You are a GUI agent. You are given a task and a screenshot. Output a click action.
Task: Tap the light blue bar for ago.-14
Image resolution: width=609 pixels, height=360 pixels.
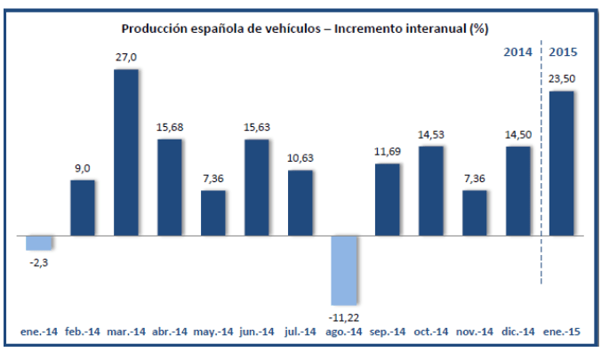point(344,270)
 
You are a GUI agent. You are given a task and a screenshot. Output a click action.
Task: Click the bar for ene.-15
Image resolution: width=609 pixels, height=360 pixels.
point(562,164)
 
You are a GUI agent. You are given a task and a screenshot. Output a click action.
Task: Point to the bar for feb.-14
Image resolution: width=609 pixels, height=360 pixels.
point(83,208)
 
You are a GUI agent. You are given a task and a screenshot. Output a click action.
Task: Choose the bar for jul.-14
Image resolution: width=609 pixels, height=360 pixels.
point(300,203)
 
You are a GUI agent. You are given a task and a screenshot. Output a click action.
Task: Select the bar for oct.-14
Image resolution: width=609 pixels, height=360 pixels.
point(431,191)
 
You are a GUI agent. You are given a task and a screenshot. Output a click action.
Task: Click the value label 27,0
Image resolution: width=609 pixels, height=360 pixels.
point(127,58)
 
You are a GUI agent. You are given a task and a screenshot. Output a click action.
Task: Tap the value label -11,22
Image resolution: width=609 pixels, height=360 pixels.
point(344,316)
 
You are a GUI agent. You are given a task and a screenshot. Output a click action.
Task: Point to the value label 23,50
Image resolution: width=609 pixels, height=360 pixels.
point(562,80)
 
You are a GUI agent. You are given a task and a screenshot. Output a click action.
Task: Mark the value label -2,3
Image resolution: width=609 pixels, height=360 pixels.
point(39,261)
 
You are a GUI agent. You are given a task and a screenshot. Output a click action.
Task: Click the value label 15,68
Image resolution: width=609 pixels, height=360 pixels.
point(170,127)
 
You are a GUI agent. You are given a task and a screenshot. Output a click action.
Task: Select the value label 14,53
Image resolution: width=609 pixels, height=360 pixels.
point(431,134)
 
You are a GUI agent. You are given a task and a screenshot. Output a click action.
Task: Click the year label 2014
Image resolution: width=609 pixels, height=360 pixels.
point(518,52)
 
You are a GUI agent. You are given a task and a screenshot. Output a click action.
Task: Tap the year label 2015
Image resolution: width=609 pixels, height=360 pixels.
point(564,52)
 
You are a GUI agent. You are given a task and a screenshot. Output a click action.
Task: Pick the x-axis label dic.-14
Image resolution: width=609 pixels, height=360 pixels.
point(518,333)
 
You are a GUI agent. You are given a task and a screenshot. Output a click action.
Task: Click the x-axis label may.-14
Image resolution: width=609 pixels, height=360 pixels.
point(213,333)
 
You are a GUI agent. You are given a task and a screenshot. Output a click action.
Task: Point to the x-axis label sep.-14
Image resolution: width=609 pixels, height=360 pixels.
point(388,333)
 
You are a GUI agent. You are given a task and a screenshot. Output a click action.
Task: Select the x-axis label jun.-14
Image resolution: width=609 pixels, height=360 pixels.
point(257,333)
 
